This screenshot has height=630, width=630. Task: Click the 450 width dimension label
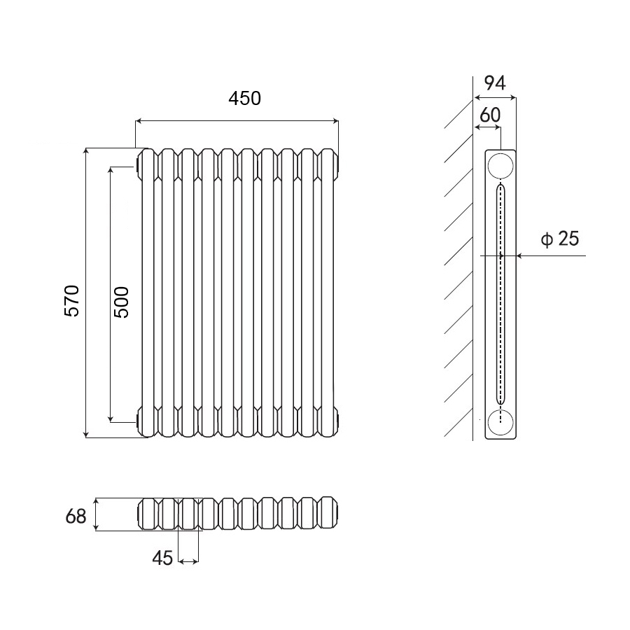point(244,99)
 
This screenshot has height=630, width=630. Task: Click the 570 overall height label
point(73,301)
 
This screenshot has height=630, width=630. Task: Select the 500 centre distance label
point(121,302)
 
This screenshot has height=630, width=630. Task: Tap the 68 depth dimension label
point(76,517)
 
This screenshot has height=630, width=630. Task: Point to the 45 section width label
point(162,558)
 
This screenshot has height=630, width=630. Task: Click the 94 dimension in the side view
point(495,83)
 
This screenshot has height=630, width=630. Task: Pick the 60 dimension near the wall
point(489,115)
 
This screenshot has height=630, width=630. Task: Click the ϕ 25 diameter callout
point(560,239)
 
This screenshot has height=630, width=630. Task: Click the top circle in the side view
point(500,165)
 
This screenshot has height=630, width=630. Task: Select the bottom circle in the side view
point(500,423)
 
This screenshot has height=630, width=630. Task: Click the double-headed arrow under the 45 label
point(189,561)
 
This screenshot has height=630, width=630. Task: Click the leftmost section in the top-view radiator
point(148,514)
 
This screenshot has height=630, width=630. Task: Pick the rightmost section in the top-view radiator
point(328,514)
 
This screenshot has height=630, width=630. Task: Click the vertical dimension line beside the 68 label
point(97,514)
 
